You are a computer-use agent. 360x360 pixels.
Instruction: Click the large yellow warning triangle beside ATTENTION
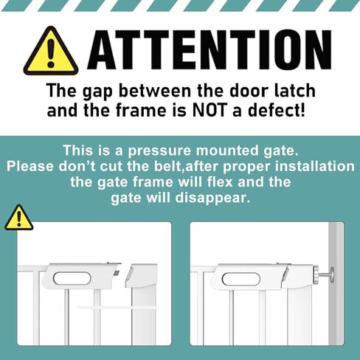point(50,52)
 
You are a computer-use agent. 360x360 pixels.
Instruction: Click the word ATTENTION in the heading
point(209,51)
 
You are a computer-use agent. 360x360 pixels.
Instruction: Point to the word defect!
point(281,112)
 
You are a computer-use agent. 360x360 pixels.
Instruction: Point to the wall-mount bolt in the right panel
point(321,274)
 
